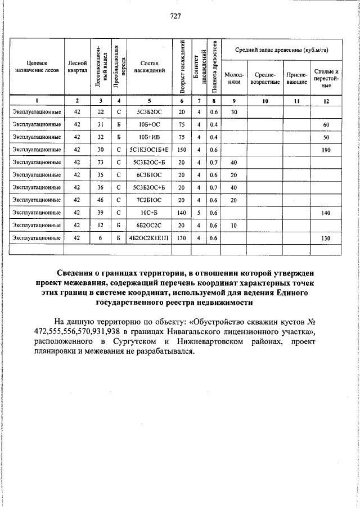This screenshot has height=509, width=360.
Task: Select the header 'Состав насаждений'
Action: point(149,67)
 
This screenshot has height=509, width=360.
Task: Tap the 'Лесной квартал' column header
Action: point(77,67)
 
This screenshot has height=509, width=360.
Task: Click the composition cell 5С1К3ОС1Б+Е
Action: point(149,150)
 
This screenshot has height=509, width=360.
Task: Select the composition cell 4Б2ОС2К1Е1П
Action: point(149,238)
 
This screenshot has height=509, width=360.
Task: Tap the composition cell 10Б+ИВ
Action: point(149,137)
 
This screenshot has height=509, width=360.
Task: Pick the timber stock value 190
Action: point(326,150)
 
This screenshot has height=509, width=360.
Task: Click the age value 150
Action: point(181,150)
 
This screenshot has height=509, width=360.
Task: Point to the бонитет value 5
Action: point(198,213)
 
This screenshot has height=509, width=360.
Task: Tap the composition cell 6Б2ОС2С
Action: point(149,226)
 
